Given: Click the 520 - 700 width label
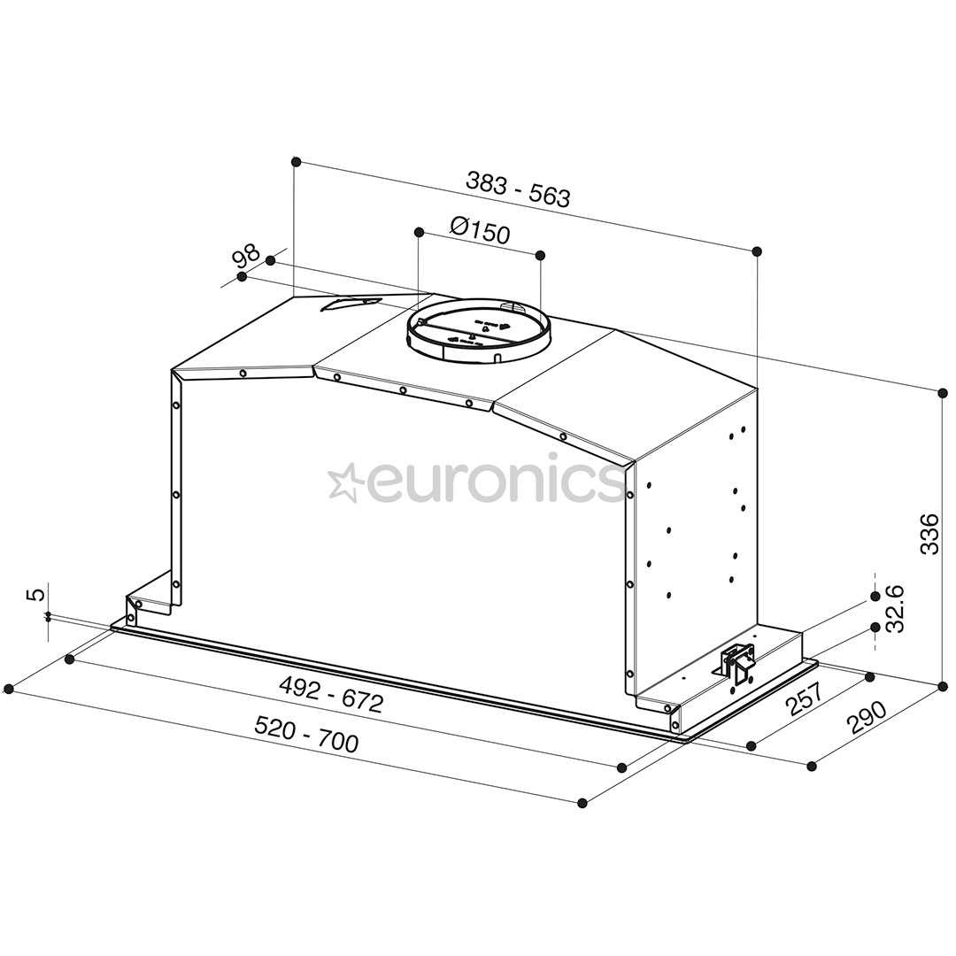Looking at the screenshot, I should click(307, 734).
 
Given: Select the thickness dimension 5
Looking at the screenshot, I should click(35, 594).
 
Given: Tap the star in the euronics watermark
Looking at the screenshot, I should click(343, 482).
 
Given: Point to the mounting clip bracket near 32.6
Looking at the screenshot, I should click(738, 661).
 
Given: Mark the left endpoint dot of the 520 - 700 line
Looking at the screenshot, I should click(9, 689).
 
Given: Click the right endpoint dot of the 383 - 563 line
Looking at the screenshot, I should click(758, 252).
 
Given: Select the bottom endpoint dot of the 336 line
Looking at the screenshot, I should click(942, 685).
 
